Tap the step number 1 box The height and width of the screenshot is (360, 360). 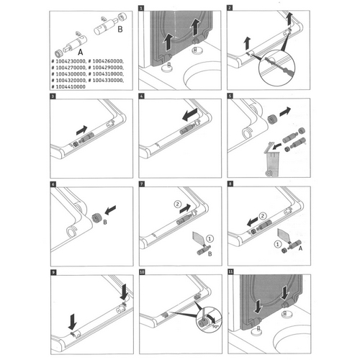(x=141, y=7)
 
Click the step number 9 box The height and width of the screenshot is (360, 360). (x=53, y=273)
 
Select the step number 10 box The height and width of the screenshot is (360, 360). (x=141, y=273)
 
